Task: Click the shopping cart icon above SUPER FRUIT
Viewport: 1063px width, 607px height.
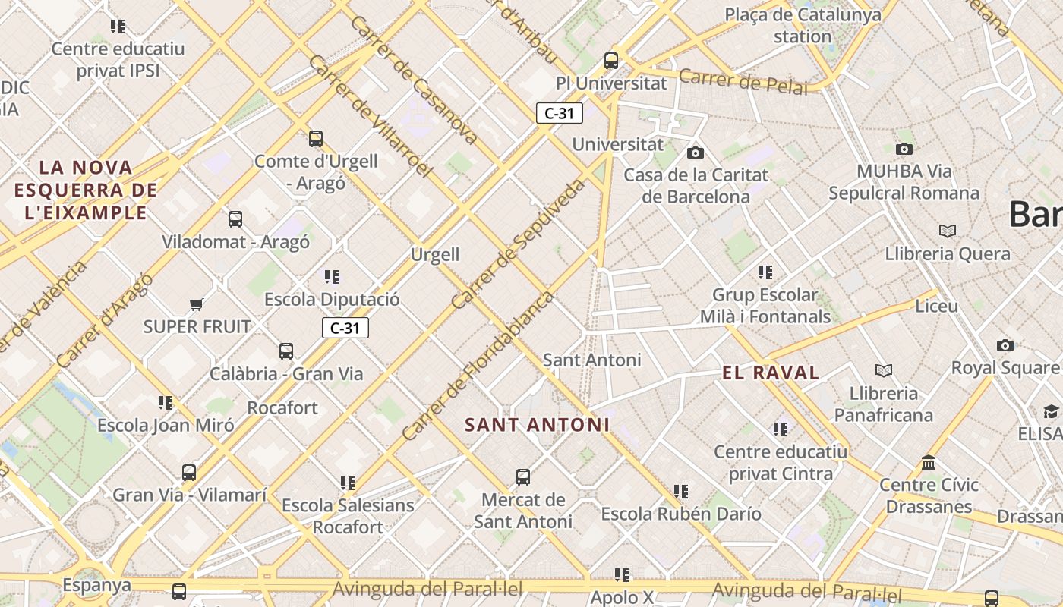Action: click(196, 305)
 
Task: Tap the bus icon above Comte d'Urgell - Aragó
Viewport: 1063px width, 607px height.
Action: click(316, 139)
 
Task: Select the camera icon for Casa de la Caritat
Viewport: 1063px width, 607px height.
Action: click(695, 153)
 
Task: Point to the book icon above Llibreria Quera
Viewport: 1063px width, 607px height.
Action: click(948, 231)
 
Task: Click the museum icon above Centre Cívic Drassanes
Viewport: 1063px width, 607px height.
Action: click(929, 462)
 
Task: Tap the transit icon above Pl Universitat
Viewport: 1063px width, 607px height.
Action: click(611, 61)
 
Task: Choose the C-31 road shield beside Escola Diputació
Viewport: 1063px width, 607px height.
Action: click(345, 328)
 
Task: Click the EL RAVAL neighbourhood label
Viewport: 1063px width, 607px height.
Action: click(771, 373)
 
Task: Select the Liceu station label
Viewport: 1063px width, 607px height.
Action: click(936, 307)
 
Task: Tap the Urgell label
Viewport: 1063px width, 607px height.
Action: click(435, 254)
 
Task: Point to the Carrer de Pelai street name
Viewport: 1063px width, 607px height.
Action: click(743, 81)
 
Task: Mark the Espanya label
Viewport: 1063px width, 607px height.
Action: click(96, 585)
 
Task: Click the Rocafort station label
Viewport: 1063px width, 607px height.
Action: click(282, 407)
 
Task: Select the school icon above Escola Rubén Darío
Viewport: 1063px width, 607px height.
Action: click(681, 492)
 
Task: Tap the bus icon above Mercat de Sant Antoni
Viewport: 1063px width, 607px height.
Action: click(523, 477)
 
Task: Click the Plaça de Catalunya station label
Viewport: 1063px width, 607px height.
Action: click(803, 25)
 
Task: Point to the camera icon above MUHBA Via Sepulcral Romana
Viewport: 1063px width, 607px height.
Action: click(904, 149)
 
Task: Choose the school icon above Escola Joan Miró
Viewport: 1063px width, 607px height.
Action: click(166, 403)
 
